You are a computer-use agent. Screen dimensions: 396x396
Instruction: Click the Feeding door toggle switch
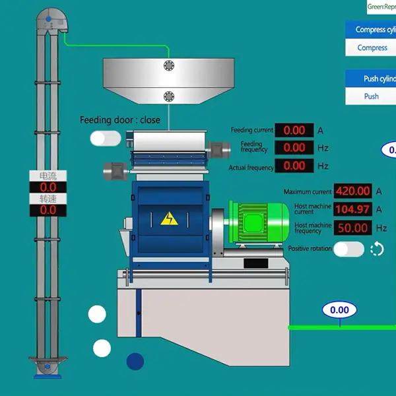106,138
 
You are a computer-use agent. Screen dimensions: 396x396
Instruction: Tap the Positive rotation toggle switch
348,249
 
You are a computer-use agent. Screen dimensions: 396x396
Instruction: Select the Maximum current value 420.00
353,191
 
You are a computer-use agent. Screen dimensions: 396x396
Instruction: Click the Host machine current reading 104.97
353,209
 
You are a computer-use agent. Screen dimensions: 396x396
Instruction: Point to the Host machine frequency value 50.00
353,228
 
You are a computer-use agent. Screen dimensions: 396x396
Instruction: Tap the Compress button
372,48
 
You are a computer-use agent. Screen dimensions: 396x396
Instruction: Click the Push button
372,96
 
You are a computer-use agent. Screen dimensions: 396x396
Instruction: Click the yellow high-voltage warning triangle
170,218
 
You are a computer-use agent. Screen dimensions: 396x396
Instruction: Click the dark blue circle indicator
135,361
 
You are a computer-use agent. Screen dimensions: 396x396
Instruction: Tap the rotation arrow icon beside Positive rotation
377,249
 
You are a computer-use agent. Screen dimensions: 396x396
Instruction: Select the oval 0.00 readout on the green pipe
339,310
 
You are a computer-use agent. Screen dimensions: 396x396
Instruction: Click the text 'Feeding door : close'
119,120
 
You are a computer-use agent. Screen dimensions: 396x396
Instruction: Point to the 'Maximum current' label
308,192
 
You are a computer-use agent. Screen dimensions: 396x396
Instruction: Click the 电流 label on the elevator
48,176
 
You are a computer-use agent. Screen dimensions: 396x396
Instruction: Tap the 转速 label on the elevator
48,199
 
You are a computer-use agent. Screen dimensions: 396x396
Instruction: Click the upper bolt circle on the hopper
169,65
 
